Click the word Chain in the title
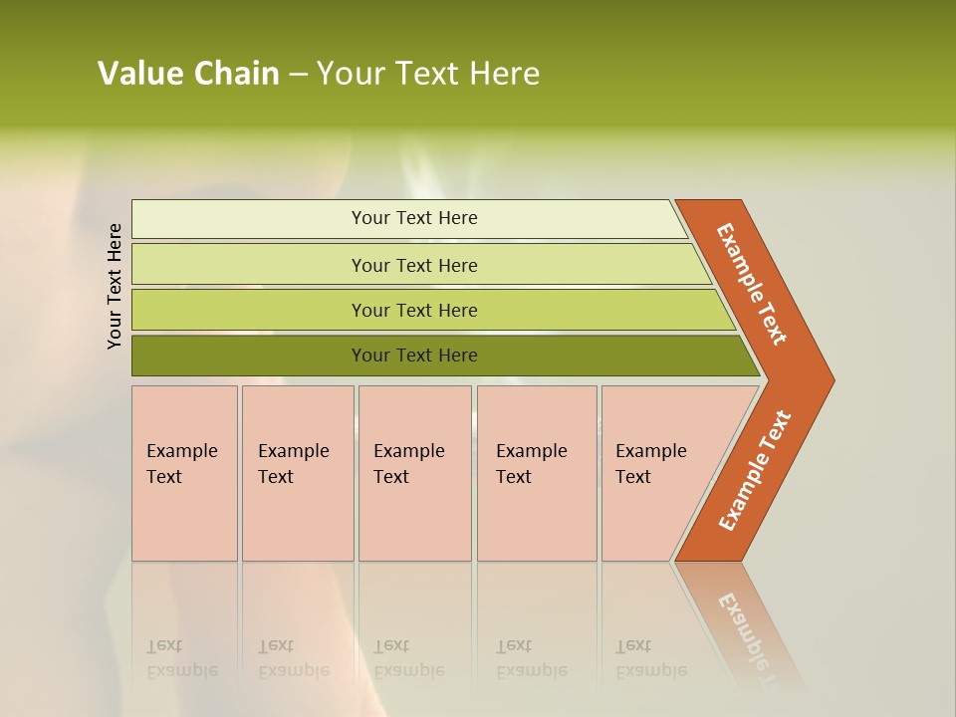(236, 74)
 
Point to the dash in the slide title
(298, 75)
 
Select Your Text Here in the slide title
(428, 74)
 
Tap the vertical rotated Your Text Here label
(115, 286)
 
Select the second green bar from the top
(413, 265)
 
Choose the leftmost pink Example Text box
(184, 472)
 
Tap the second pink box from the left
(297, 472)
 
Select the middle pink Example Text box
(414, 472)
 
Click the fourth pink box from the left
(536, 472)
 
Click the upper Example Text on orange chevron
(752, 284)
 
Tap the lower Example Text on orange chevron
(754, 470)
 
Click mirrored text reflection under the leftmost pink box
(181, 659)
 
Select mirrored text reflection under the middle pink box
(408, 659)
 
